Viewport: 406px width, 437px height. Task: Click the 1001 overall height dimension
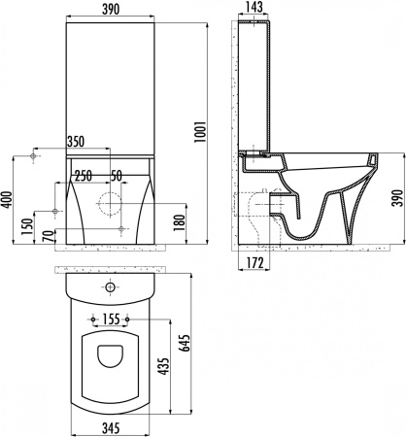pyautogui.click(x=200, y=132)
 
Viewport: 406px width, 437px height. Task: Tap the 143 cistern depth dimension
pyautogui.click(x=254, y=7)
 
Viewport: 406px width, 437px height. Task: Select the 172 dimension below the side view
pyautogui.click(x=254, y=263)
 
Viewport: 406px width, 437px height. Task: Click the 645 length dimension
pyautogui.click(x=184, y=343)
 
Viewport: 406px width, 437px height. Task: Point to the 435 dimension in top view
pyautogui.click(x=164, y=366)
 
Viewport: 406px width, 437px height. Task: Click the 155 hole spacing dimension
pyautogui.click(x=111, y=319)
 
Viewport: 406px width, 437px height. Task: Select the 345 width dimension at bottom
pyautogui.click(x=111, y=428)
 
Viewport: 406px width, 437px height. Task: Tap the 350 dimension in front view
pyautogui.click(x=76, y=142)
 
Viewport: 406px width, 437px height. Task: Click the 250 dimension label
pyautogui.click(x=84, y=176)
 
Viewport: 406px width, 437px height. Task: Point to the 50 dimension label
pyautogui.click(x=117, y=176)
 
